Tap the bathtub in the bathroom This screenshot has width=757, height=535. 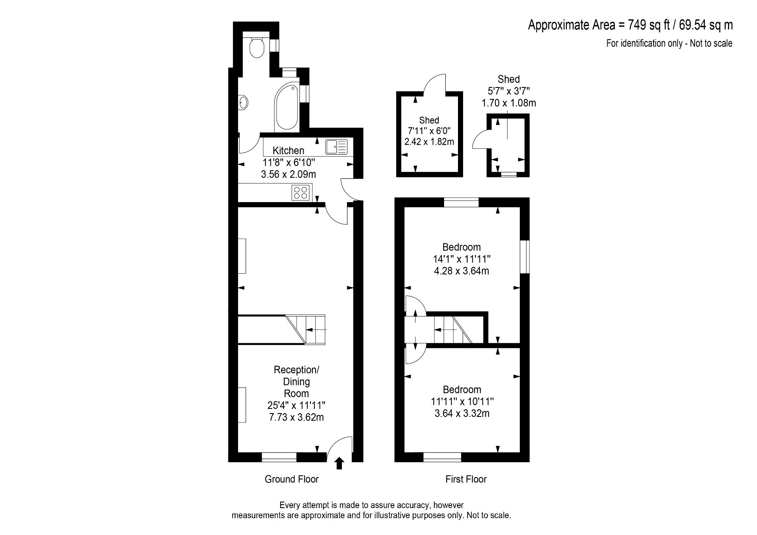click(x=286, y=107)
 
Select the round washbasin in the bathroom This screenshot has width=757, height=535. click(x=243, y=102)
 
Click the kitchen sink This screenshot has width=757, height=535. click(x=336, y=147)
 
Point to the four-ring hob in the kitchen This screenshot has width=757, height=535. click(x=301, y=192)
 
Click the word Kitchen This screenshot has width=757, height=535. click(x=288, y=150)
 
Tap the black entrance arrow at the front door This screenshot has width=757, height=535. click(x=339, y=463)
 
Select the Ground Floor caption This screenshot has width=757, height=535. click(x=292, y=479)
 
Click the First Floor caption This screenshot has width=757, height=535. click(x=466, y=479)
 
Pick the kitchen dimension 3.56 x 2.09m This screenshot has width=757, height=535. click(x=289, y=174)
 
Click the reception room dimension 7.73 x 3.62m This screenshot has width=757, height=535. click(x=296, y=417)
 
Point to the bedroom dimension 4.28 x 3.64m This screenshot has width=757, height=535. click(x=461, y=271)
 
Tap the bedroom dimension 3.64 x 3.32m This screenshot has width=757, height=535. click(x=462, y=413)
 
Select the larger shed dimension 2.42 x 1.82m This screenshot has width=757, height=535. click(x=429, y=142)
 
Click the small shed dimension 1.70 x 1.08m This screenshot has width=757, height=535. click(x=509, y=103)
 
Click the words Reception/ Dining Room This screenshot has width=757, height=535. click(x=296, y=382)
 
